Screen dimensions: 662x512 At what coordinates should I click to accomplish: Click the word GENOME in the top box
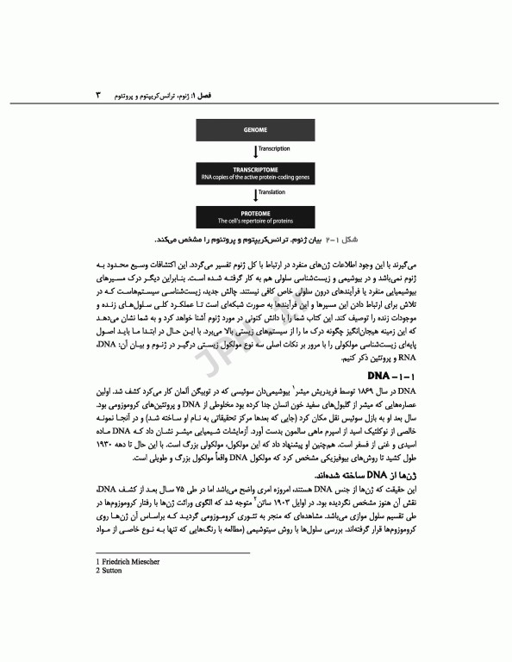[x=254, y=130]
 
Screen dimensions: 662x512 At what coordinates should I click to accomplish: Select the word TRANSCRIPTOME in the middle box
[x=255, y=169]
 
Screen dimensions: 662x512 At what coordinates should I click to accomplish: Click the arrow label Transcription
[x=274, y=149]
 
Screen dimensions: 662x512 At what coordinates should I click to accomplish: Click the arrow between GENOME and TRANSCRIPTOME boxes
[x=256, y=149]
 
